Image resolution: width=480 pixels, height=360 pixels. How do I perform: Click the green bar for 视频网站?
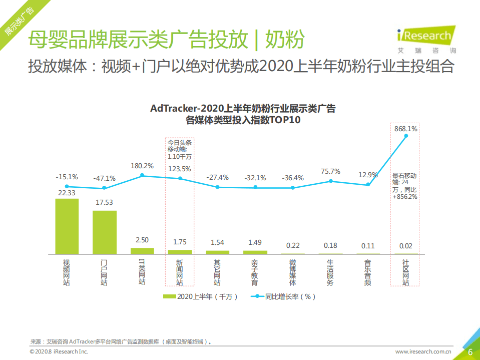click(x=67, y=226)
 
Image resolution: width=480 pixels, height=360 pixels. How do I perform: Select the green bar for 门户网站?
click(x=105, y=232)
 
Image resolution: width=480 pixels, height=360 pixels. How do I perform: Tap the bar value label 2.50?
click(x=142, y=240)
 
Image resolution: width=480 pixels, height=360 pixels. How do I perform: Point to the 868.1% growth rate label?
click(x=405, y=129)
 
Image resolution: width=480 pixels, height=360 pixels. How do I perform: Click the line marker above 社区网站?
click(x=406, y=136)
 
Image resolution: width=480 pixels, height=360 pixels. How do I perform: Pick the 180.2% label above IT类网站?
click(x=142, y=166)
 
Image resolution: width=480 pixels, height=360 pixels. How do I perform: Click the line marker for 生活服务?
click(x=330, y=181)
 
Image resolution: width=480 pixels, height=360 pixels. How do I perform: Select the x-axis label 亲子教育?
click(x=255, y=272)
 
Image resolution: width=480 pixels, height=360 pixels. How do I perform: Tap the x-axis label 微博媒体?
click(x=293, y=272)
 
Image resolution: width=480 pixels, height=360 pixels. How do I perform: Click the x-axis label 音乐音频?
click(x=368, y=272)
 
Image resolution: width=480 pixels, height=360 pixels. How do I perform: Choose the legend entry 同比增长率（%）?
click(x=286, y=296)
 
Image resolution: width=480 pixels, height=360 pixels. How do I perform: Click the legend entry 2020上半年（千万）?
click(x=200, y=296)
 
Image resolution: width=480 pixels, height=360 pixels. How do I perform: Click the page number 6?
click(x=470, y=352)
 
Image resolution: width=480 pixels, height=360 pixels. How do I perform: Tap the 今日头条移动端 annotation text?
click(x=179, y=149)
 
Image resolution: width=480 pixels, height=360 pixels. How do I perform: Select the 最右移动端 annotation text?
click(x=405, y=186)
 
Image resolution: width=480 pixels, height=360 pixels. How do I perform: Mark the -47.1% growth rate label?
click(x=105, y=178)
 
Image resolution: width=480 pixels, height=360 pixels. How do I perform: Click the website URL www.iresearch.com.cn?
click(x=423, y=352)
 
